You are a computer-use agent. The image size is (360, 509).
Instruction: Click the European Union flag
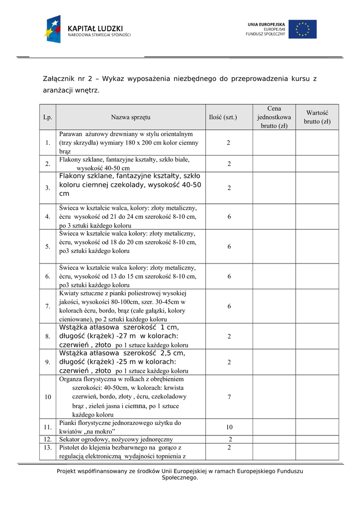[302, 29]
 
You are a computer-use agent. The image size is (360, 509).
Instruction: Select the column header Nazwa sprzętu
[131, 117]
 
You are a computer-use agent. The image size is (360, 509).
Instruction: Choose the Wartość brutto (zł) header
[317, 117]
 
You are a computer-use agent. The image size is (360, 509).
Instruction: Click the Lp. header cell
[48, 117]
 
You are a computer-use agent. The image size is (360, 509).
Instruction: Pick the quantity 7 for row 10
[229, 397]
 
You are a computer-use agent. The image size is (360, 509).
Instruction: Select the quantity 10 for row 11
[229, 427]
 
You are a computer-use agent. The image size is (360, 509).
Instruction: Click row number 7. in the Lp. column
[48, 306]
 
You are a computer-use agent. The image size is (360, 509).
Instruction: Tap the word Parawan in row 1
[71, 134]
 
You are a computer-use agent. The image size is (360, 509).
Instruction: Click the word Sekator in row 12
[71, 439]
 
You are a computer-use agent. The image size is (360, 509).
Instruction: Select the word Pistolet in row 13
[71, 447]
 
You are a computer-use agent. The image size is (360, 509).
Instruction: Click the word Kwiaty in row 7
[69, 293]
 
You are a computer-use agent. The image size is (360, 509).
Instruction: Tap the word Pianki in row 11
[68, 423]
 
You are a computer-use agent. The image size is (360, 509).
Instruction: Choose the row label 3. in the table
[48, 188]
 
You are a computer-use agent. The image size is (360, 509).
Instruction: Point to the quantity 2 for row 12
[229, 439]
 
